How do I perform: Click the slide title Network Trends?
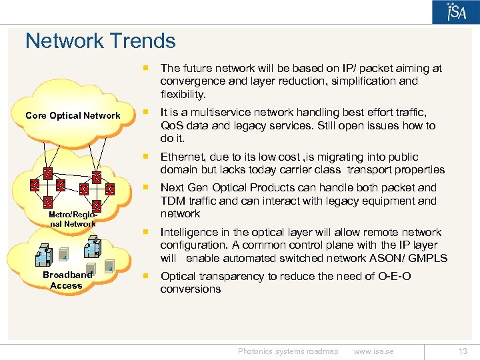tap(100, 41)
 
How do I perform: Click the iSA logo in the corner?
tap(455, 13)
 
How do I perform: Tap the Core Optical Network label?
tap(73, 115)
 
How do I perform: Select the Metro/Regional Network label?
tap(73, 219)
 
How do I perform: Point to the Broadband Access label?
tap(67, 280)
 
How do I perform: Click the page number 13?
tap(463, 351)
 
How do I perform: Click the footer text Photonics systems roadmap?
tap(288, 351)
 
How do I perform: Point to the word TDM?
tap(172, 201)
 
